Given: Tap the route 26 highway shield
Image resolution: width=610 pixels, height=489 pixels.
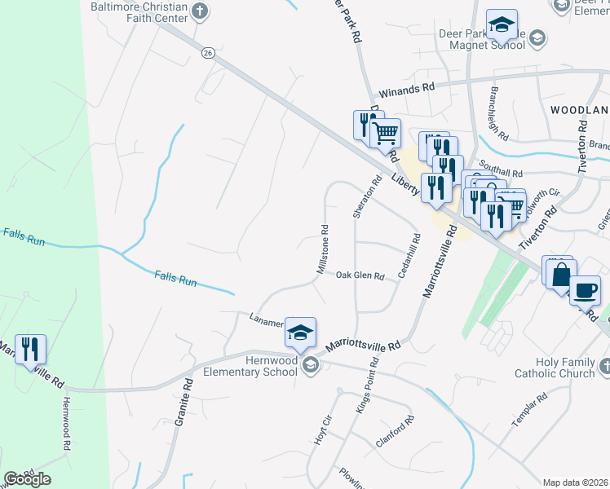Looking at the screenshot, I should coord(209,52).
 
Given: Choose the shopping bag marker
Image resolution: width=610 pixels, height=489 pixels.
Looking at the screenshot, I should coord(560,273).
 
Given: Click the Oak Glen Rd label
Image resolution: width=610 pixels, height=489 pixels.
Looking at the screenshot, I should coord(360,276).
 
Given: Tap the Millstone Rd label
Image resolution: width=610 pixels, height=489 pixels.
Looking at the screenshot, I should coord(322,249).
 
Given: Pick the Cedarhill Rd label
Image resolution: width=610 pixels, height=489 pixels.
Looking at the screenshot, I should coord(409,257).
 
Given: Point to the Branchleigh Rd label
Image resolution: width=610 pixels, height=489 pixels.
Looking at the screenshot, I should coord(498,113).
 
